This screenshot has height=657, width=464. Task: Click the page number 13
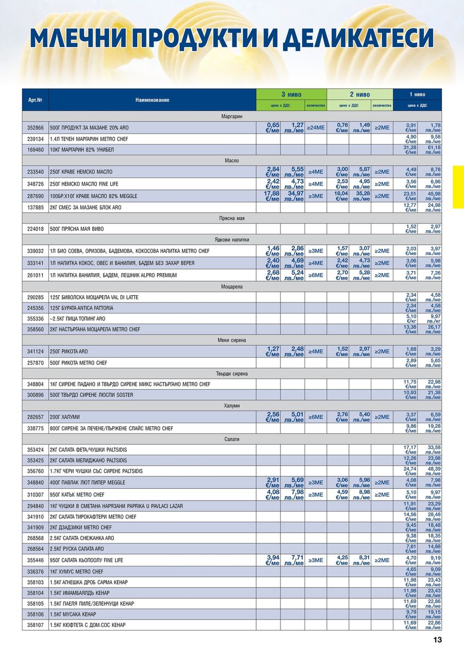click(x=437, y=640)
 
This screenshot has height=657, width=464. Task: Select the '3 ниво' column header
click(x=291, y=94)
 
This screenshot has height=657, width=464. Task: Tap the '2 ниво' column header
click(x=359, y=94)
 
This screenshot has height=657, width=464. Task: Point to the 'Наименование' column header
click(x=152, y=100)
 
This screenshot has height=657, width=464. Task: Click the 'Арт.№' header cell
click(x=35, y=100)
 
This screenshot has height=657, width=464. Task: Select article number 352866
click(x=35, y=127)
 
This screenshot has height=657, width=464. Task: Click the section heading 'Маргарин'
click(x=231, y=117)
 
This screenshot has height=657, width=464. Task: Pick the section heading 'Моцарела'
click(x=231, y=286)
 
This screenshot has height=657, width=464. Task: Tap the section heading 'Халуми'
click(x=231, y=406)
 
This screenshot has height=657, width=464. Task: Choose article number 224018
click(x=35, y=229)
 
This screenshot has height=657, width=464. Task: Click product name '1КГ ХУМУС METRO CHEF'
click(x=77, y=572)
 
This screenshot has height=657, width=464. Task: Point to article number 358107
click(x=35, y=625)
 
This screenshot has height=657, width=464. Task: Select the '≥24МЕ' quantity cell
click(x=315, y=127)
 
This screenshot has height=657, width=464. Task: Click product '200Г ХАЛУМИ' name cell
click(x=65, y=416)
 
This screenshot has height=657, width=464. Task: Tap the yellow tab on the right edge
click(x=458, y=187)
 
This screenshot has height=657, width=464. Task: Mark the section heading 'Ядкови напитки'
click(x=231, y=239)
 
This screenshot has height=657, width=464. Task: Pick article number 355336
click(x=35, y=318)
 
